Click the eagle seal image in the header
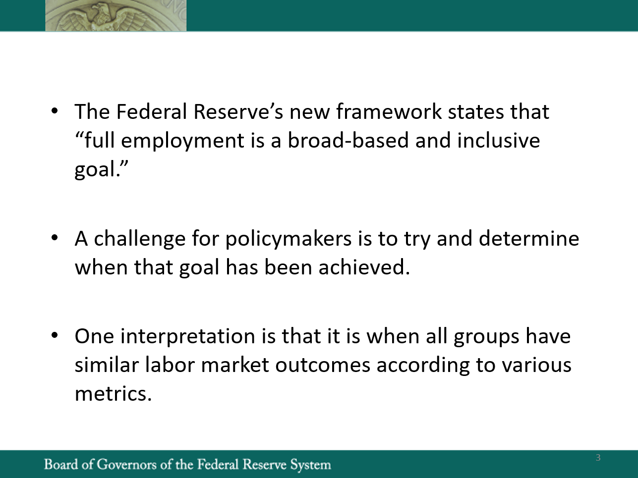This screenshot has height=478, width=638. click(116, 15)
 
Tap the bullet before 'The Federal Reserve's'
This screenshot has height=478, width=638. click(55, 110)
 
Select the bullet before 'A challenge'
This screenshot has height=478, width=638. click(55, 238)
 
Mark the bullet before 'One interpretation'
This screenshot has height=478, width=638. click(55, 335)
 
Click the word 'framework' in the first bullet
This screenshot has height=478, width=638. click(389, 111)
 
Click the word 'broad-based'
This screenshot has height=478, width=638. click(348, 140)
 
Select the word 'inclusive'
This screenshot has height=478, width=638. click(499, 140)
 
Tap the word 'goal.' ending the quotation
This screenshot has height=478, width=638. click(98, 169)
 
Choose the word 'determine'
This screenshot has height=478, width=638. click(529, 238)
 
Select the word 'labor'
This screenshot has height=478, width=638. click(170, 365)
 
